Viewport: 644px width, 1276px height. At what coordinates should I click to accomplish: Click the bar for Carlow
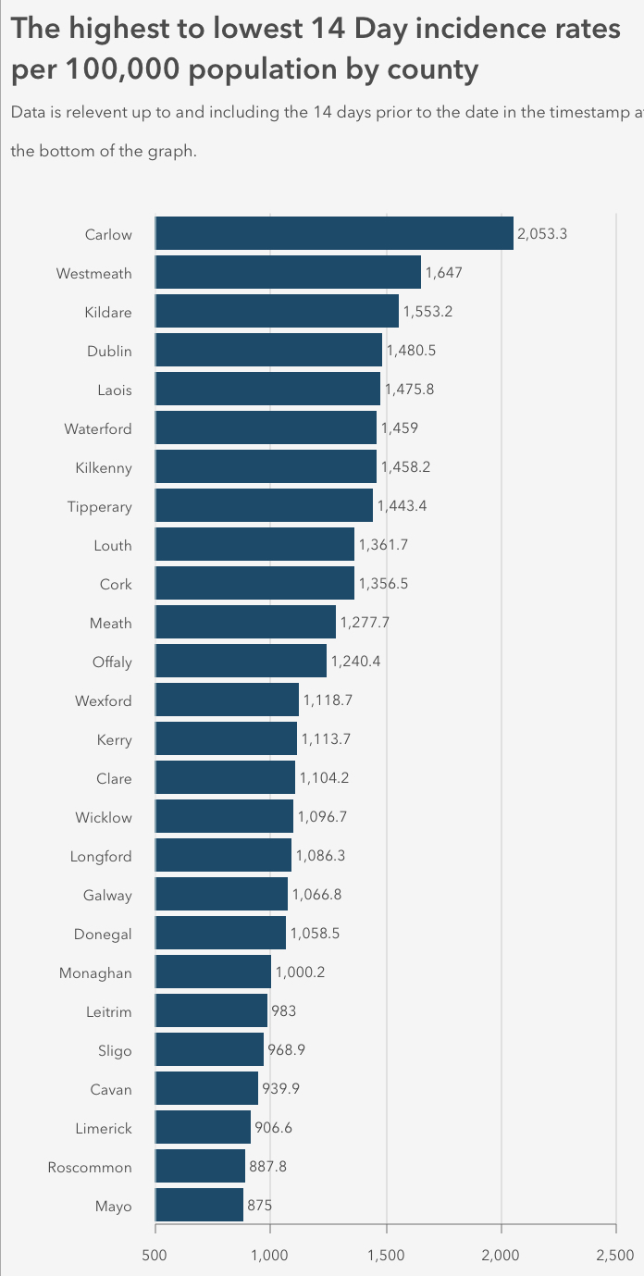[333, 234]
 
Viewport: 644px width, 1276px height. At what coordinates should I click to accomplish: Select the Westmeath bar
[287, 273]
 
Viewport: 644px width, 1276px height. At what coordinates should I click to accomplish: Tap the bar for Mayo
[199, 1206]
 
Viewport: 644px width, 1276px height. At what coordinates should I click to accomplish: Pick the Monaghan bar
[213, 972]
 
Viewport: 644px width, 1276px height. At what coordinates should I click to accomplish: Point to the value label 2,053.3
[542, 234]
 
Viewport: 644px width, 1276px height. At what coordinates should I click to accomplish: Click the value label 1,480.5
[410, 351]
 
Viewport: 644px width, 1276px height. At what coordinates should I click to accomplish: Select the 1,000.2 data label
[300, 972]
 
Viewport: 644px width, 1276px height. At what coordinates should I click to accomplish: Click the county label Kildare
[107, 312]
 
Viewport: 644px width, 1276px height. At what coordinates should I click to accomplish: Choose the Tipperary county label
[99, 506]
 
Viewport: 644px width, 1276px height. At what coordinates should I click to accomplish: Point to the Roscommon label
[90, 1167]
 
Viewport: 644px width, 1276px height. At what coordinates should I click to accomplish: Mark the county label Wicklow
[104, 817]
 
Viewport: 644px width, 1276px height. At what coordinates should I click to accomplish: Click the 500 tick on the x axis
[155, 1255]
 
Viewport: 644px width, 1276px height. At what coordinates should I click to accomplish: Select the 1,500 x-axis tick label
[386, 1255]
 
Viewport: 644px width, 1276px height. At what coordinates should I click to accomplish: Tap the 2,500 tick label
[615, 1255]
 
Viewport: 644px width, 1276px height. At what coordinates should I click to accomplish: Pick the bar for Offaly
[241, 662]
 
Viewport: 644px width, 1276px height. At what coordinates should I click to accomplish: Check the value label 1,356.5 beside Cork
[384, 584]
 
